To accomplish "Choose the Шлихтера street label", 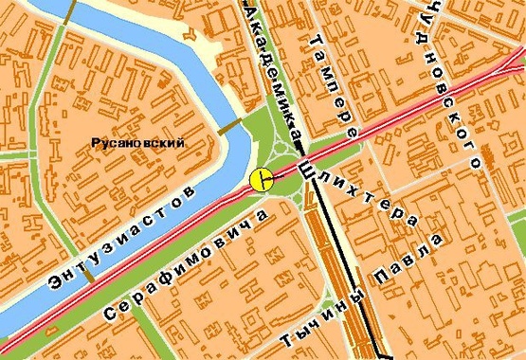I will point(361,195).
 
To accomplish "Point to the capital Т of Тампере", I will point(313,39).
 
